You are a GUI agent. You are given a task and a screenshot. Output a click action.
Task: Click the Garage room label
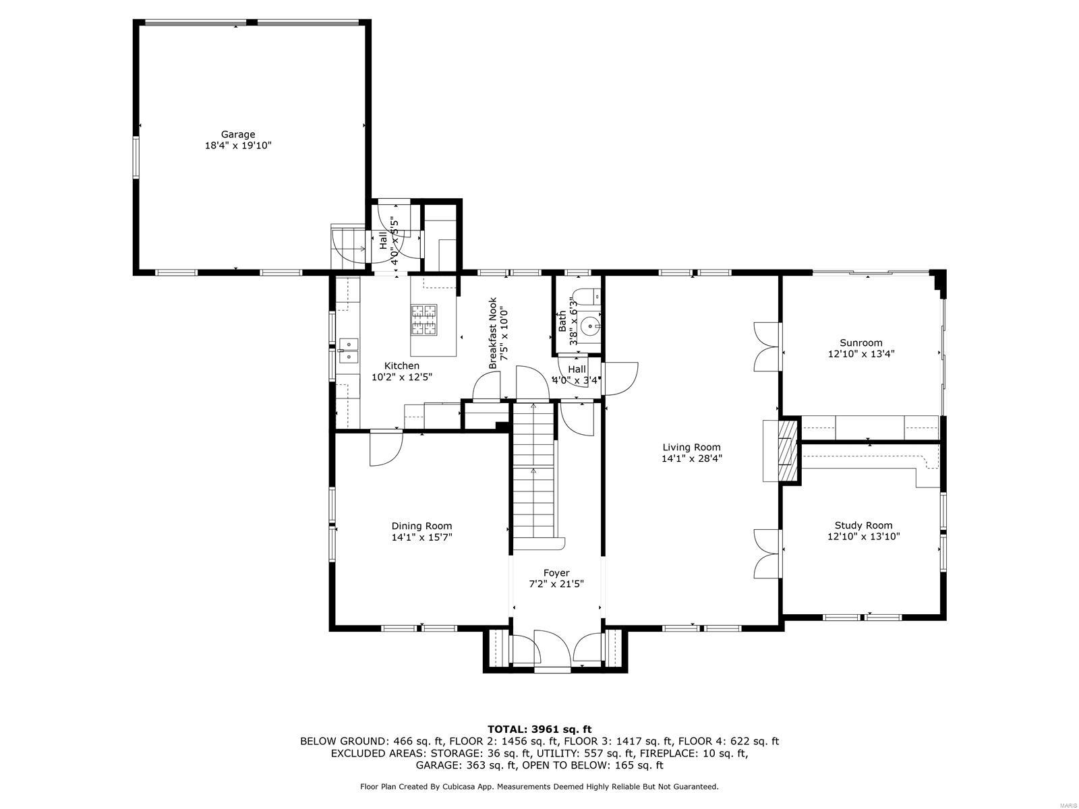238,134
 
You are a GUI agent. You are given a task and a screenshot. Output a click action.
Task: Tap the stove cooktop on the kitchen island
424,320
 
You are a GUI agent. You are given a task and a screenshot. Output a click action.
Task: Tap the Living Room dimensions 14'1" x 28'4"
691,458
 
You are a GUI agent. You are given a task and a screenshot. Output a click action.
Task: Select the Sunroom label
861,342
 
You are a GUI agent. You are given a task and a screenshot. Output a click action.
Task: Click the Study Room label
863,525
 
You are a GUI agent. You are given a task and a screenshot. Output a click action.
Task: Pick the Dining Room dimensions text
421,537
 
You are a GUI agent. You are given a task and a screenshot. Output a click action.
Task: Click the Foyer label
556,573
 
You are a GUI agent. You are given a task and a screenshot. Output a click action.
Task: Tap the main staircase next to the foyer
535,472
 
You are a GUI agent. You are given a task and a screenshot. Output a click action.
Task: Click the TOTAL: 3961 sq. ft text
539,729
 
